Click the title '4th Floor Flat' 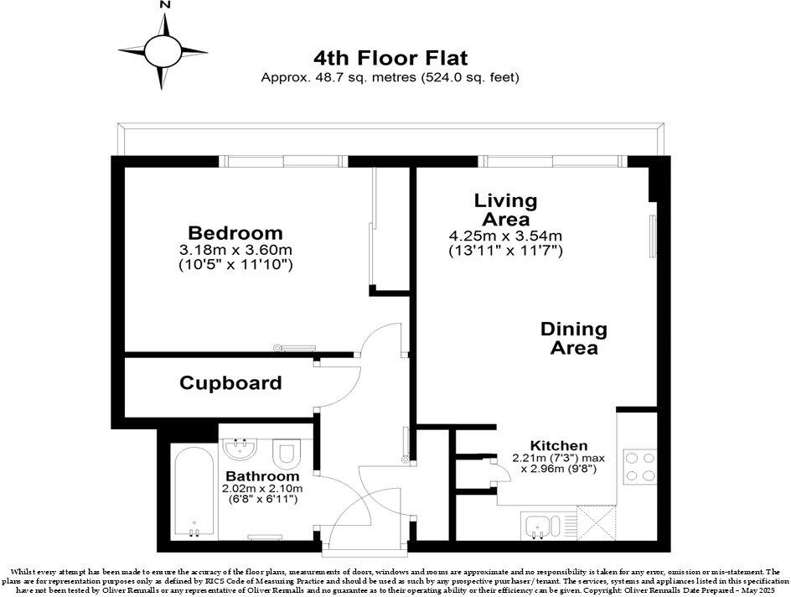390,58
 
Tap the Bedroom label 235,233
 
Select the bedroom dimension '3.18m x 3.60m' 235,250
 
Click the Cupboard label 230,383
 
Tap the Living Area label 505,210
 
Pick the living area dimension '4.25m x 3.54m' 505,236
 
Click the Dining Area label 574,338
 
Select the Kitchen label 559,445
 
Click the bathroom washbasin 244,450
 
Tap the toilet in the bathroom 287,454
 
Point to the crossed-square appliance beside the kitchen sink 601,527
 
